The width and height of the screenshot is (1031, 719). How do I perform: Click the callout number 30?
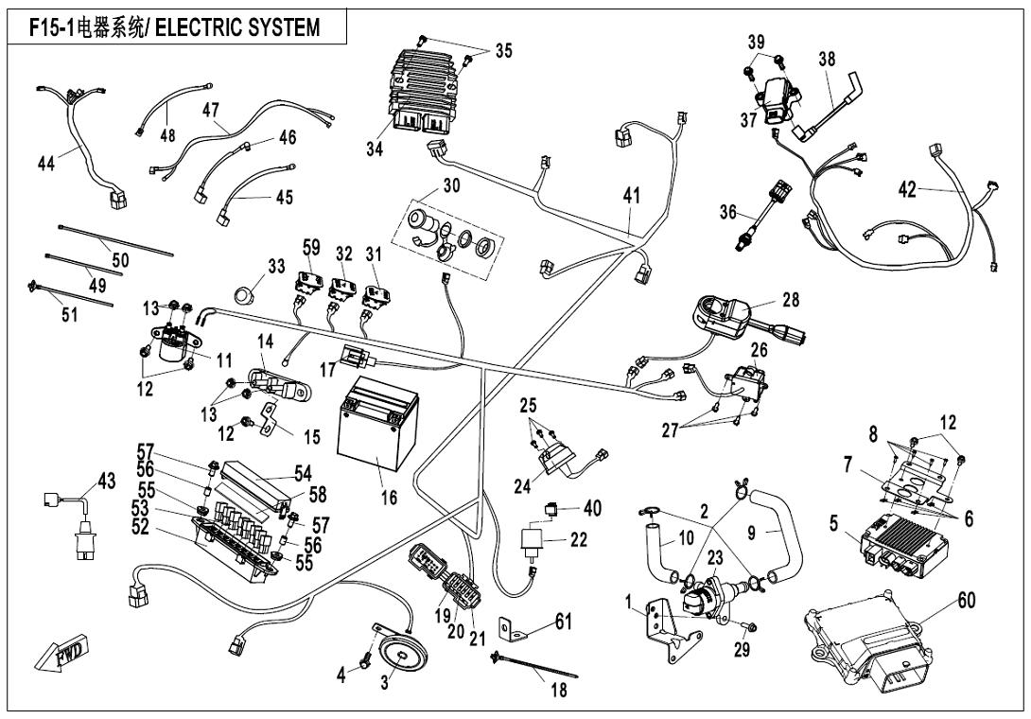451,186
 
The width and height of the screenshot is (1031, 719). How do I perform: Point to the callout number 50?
120,257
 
